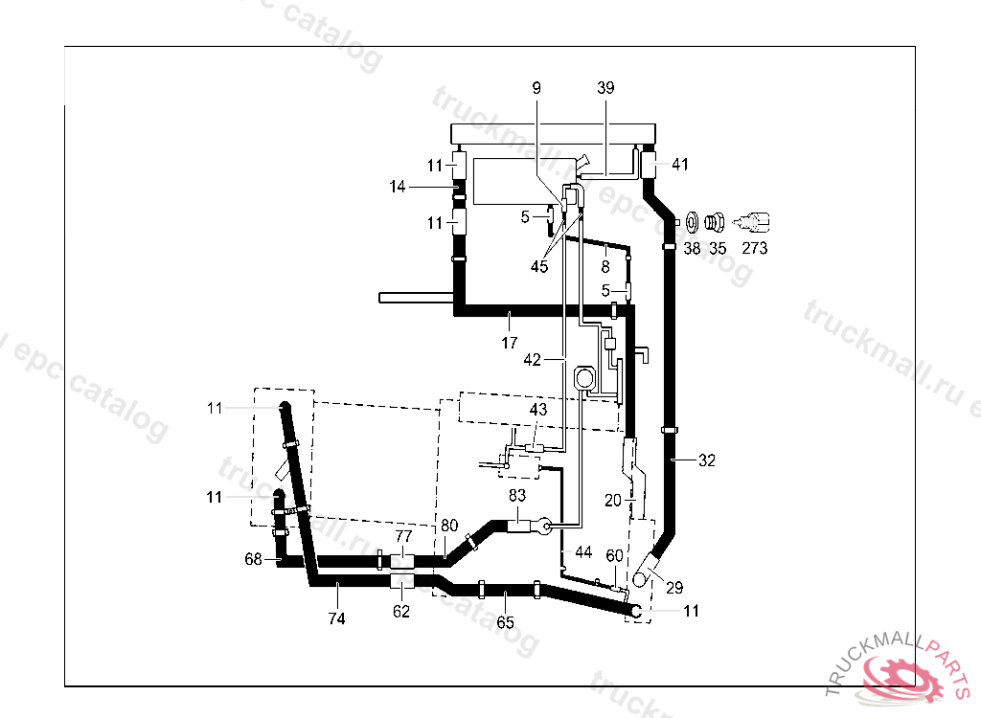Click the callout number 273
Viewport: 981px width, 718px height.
(755, 248)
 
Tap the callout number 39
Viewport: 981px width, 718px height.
(605, 88)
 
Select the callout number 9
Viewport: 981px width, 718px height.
(536, 88)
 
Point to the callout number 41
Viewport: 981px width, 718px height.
(679, 165)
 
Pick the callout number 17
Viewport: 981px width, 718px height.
(509, 341)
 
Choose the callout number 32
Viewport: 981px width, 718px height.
(706, 460)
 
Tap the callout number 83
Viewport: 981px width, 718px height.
(517, 496)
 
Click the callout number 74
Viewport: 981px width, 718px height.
(336, 618)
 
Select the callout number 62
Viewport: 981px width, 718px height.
(401, 611)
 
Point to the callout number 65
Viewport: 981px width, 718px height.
(505, 622)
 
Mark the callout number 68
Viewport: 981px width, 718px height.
(253, 559)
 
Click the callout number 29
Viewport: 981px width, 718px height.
(674, 587)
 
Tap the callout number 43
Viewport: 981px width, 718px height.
(538, 409)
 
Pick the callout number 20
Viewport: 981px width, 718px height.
(613, 500)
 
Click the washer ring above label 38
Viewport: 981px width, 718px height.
(693, 223)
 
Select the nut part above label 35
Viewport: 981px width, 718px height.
(714, 223)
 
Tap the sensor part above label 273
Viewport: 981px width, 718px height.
(755, 223)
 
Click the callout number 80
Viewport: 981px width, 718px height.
(449, 526)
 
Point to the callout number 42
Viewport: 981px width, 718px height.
(533, 360)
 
